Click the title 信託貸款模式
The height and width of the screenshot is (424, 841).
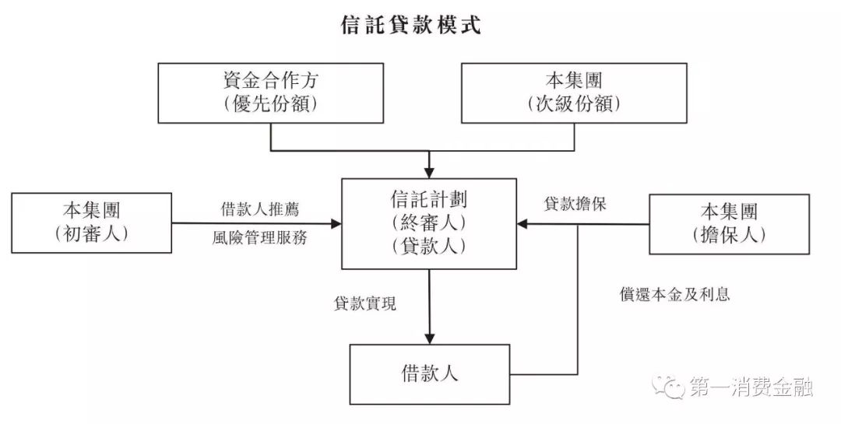(411, 26)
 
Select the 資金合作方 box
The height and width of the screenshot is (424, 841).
(270, 93)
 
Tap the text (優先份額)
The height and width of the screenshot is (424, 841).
(270, 104)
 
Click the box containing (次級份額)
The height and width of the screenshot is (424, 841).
(574, 93)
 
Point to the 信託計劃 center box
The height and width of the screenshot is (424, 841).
(429, 223)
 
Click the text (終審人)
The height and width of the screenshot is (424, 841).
(429, 223)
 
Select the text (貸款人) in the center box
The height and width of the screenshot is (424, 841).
(429, 247)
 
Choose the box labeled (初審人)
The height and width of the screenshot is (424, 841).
(92, 223)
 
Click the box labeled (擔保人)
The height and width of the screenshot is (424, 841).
(729, 224)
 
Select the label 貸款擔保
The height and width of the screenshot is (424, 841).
(575, 205)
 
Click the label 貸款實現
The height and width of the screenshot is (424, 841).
(365, 304)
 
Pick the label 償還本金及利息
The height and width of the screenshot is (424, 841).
(675, 295)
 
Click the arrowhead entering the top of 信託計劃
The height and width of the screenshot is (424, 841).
(429, 173)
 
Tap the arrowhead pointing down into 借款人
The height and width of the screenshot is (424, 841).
(429, 338)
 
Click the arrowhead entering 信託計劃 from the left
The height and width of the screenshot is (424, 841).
(336, 224)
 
